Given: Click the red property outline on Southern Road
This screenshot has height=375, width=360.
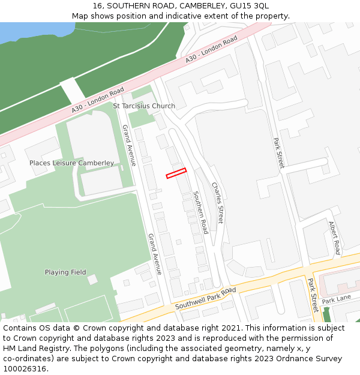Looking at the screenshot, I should click(x=176, y=173).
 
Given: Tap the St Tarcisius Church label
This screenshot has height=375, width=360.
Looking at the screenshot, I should click(x=144, y=106).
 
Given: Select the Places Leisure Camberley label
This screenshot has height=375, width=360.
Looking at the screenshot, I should click(x=71, y=163).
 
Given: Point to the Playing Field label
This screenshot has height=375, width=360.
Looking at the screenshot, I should click(x=65, y=272).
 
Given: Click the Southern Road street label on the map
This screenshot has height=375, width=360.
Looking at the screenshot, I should click(x=200, y=212).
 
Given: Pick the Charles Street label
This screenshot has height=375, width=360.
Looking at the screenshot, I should click(x=217, y=203).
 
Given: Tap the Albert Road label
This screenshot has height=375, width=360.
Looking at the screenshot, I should click(x=334, y=238).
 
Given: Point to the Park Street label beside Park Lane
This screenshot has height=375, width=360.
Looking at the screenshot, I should click(x=313, y=295).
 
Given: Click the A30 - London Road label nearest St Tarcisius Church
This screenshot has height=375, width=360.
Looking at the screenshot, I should click(x=98, y=100).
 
